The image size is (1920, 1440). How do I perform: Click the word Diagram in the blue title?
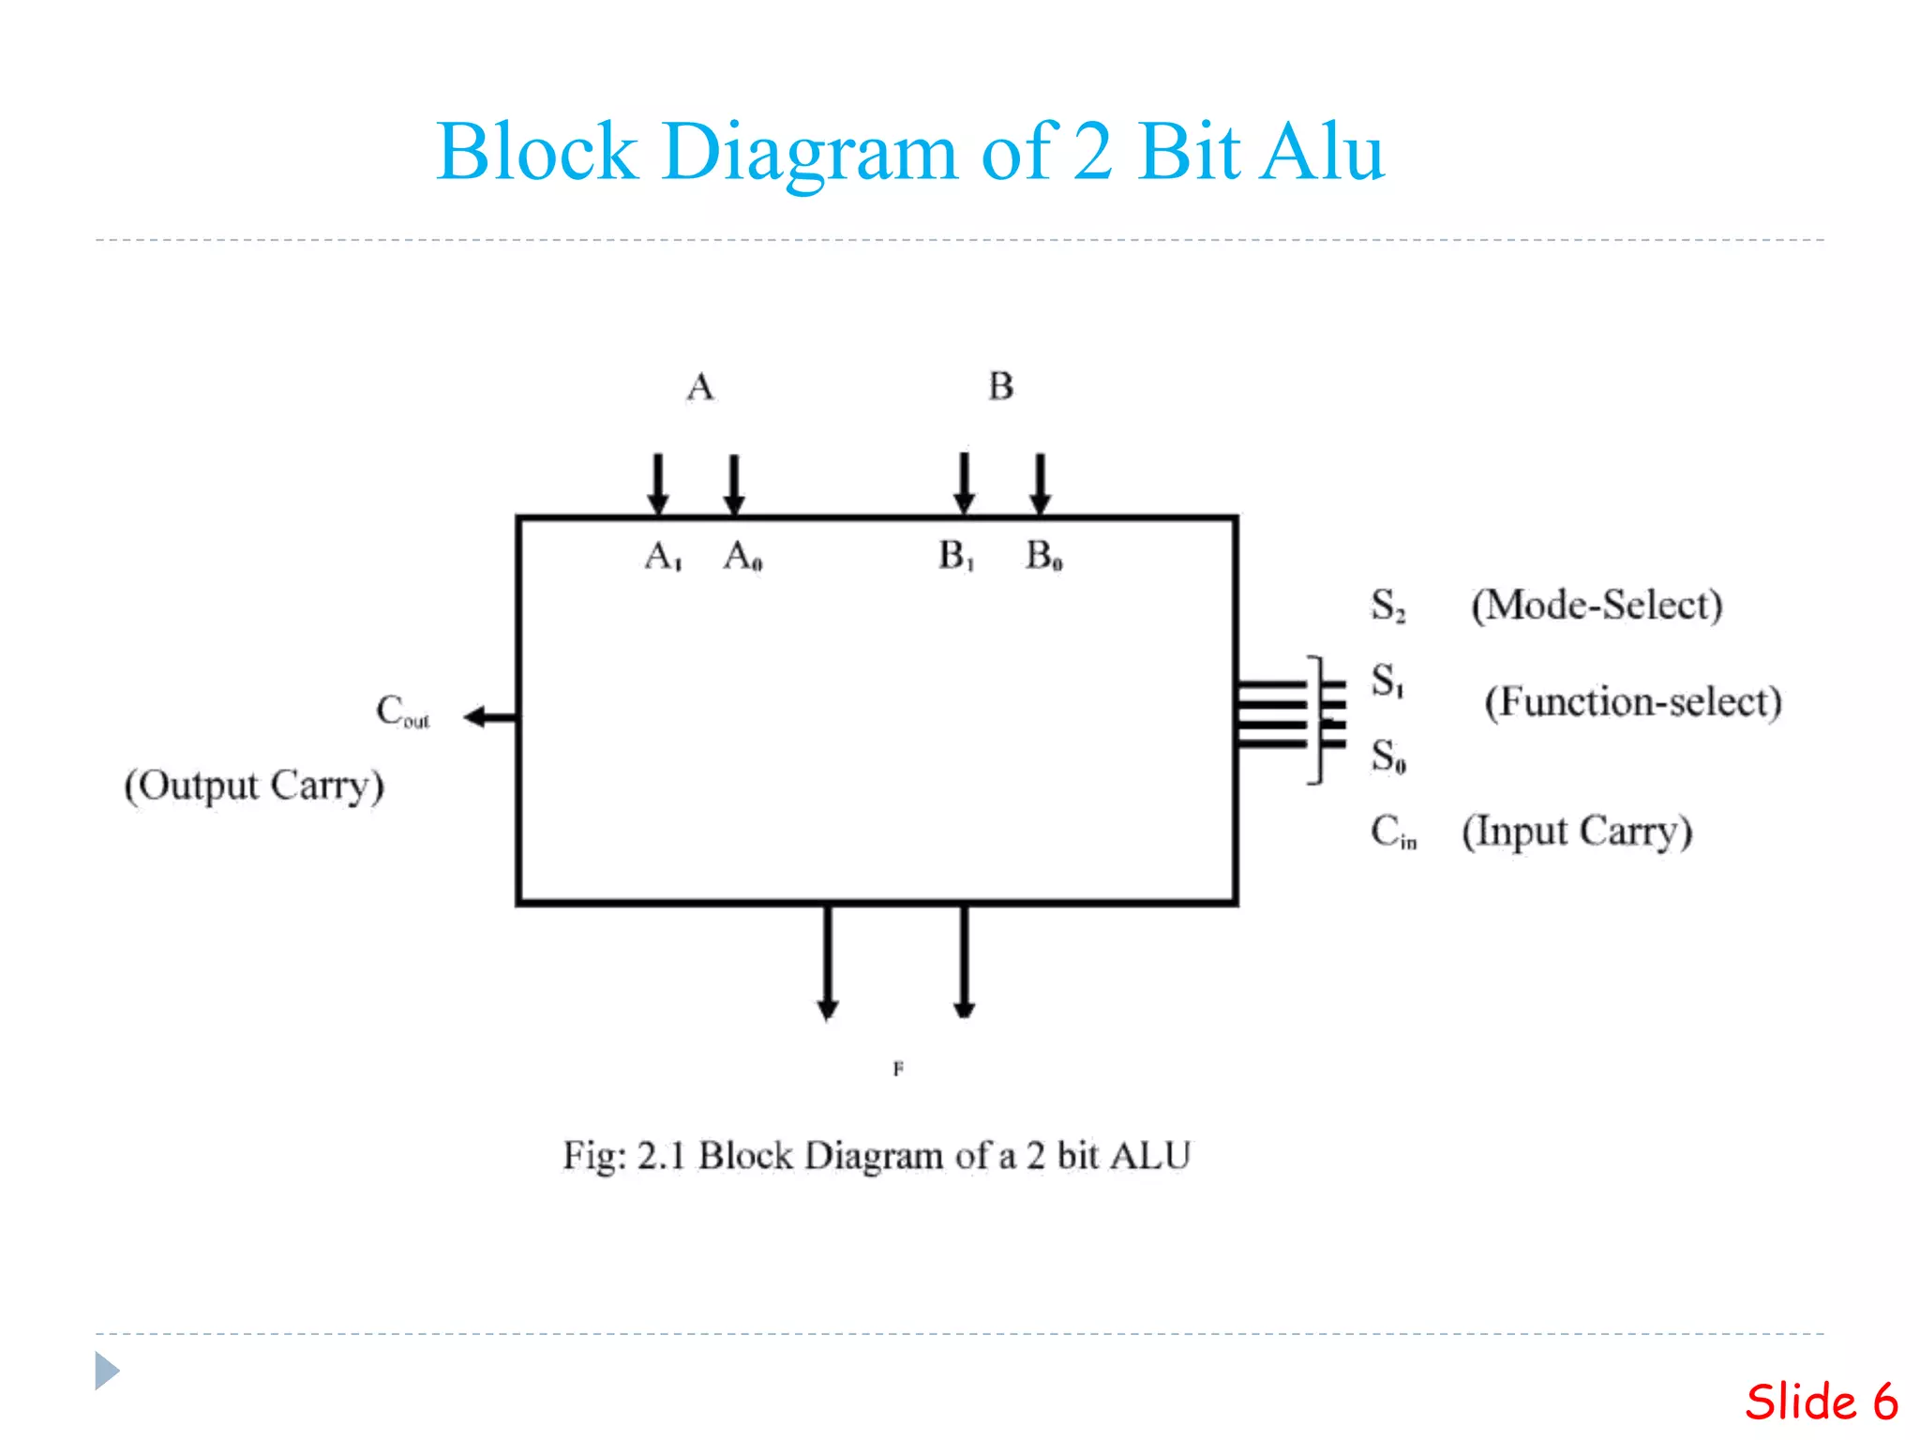[x=809, y=153]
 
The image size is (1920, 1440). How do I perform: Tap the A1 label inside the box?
[x=663, y=557]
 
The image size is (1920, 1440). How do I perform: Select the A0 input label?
[x=742, y=557]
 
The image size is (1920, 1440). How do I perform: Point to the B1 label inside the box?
[x=956, y=556]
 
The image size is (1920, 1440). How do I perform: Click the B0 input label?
[x=1043, y=556]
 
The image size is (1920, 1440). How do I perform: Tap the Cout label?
[x=402, y=711]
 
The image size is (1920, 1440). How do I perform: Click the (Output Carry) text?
[x=254, y=786]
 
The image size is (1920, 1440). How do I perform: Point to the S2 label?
[x=1387, y=606]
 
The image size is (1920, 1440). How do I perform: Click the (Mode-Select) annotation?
[x=1597, y=606]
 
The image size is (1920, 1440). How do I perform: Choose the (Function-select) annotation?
[x=1632, y=702]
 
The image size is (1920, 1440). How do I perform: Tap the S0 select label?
[x=1388, y=756]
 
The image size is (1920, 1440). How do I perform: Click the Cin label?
[x=1393, y=832]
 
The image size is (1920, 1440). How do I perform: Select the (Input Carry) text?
[x=1577, y=832]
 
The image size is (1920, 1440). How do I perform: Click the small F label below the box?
[x=898, y=1069]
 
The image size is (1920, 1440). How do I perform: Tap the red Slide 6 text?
[x=1821, y=1402]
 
